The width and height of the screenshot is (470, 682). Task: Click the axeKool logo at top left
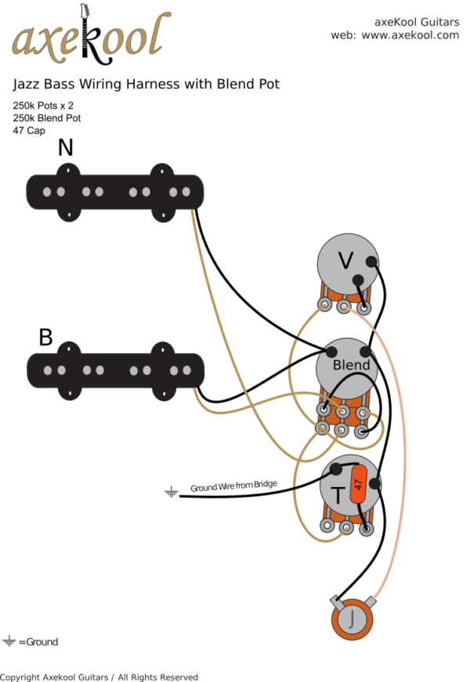(90, 37)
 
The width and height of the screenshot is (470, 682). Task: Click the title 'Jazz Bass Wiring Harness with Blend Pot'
(146, 84)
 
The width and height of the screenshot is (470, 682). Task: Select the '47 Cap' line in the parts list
(30, 131)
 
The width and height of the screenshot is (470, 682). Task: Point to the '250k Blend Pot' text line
(46, 118)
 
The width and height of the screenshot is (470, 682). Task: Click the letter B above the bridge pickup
(45, 337)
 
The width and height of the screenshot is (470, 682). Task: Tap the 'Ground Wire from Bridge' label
(233, 486)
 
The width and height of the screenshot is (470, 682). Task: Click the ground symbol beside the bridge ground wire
(172, 493)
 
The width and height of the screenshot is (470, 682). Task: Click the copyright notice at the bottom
(99, 677)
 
